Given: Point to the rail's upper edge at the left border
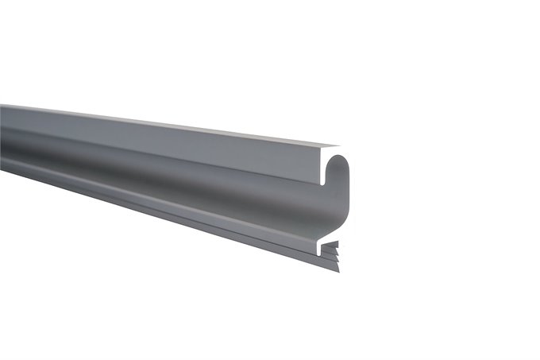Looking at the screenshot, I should point(2,106).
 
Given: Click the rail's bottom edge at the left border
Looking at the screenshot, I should point(2,168).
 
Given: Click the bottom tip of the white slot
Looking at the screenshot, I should point(325,182).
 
